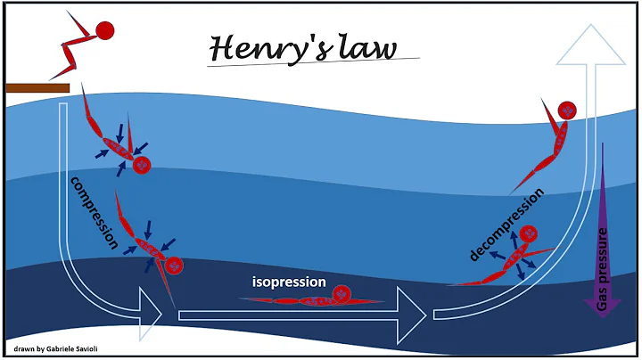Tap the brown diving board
pos(37,87)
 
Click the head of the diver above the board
pos(105,30)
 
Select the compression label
pos(94,212)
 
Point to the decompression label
pos(506,225)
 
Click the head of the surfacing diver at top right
pos(566,111)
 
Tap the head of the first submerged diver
pos(141,165)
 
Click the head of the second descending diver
pos(174,265)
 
